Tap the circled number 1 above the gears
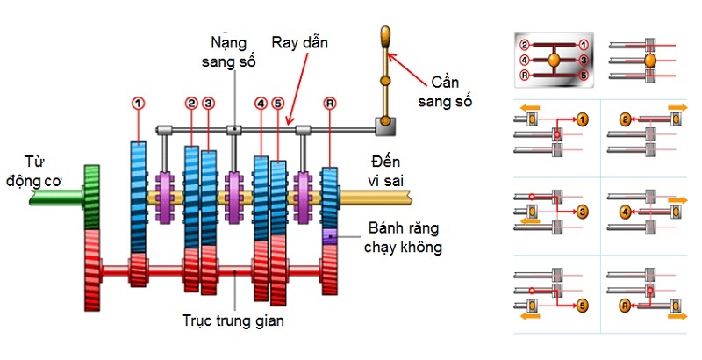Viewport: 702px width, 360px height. tap(137, 104)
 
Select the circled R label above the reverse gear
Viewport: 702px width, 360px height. tap(329, 104)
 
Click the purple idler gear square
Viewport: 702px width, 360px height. tap(328, 237)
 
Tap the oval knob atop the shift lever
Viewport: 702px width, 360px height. tap(384, 38)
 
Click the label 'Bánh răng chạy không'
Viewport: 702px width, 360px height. tap(399, 239)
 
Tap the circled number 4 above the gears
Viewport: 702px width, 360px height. tap(261, 104)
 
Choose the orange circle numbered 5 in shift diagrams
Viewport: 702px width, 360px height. tap(584, 306)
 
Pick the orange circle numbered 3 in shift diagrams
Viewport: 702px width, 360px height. tap(584, 212)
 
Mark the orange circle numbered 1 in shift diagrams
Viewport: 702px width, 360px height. tap(584, 117)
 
